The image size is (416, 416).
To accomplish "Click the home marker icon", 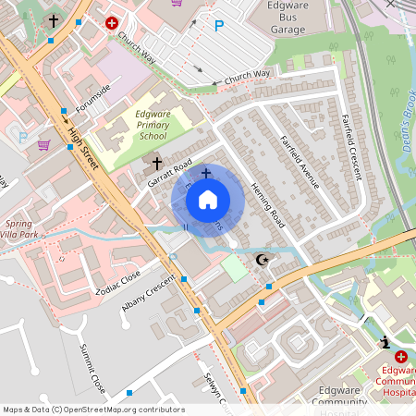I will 208,200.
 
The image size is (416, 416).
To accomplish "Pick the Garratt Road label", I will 169,172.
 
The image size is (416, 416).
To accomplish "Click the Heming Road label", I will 268,204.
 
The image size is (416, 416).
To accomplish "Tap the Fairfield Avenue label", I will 300,162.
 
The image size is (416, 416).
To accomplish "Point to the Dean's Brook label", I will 405,111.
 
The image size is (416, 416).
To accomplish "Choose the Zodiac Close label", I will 117,281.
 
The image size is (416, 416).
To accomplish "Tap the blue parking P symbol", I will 219,26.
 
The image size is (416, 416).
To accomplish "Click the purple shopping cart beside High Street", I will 43,144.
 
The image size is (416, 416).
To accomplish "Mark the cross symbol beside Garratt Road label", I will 157,164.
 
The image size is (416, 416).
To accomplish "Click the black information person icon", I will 385,343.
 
